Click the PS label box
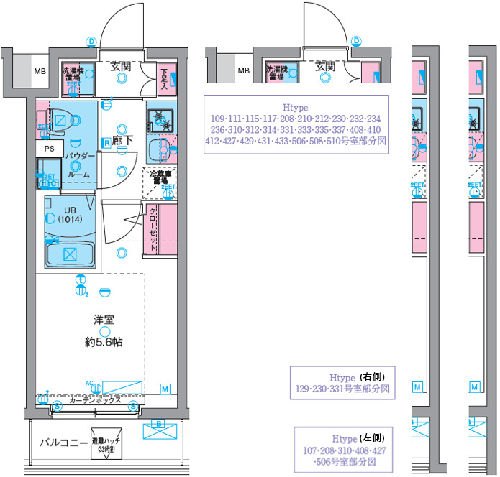(x=49, y=149)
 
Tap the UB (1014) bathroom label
(x=70, y=215)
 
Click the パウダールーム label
(x=79, y=165)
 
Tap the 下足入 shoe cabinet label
(x=164, y=78)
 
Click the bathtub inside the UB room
(x=69, y=254)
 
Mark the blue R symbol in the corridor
(x=106, y=143)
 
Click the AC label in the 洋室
(x=89, y=383)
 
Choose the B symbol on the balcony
(x=159, y=423)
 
